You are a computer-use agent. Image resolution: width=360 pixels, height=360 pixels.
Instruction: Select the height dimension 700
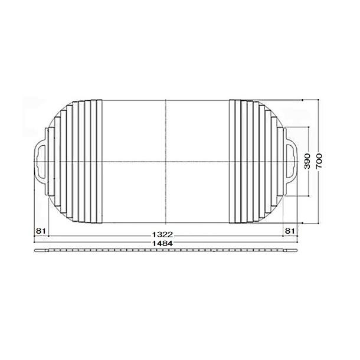[x=319, y=162]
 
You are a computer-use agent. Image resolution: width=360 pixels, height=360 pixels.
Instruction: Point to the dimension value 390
[x=307, y=162]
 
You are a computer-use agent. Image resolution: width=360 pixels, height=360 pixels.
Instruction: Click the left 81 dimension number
[x=41, y=231]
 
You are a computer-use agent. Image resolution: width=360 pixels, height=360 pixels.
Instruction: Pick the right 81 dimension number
[x=290, y=231]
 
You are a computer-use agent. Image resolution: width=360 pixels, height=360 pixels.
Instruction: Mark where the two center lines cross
[x=166, y=162]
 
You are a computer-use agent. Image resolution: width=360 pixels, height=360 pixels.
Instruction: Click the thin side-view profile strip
[x=166, y=250]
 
